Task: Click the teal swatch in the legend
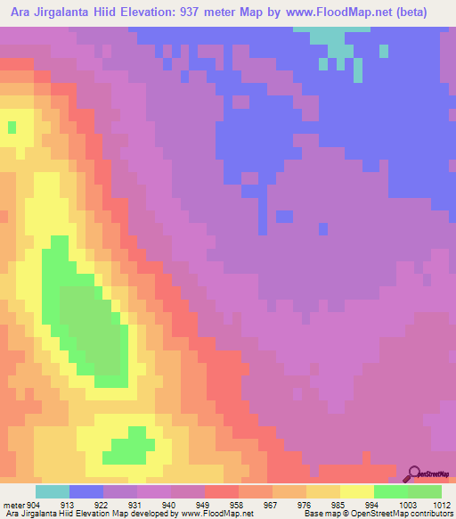click(53, 491)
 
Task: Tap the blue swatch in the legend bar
click(86, 491)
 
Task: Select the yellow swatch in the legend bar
click(357, 491)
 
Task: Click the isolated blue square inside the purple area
click(284, 217)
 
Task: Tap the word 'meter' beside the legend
click(12, 503)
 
